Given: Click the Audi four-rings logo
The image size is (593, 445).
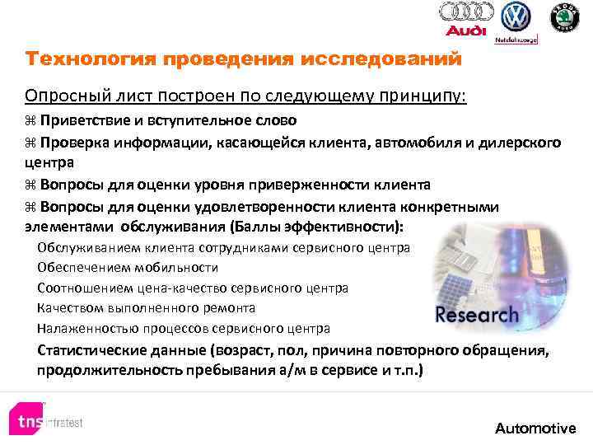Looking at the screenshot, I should pyautogui.click(x=466, y=12).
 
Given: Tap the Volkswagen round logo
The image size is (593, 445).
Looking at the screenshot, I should pyautogui.click(x=516, y=16).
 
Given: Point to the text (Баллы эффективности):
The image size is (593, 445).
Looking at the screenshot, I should pyautogui.click(x=324, y=226).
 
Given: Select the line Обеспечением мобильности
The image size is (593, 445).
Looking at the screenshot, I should pyautogui.click(x=128, y=267).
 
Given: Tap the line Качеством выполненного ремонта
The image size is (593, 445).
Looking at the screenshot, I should pyautogui.click(x=146, y=307).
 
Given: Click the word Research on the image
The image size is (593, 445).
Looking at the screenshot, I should pyautogui.click(x=477, y=314).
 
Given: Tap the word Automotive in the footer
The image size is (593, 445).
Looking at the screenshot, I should pyautogui.click(x=535, y=428).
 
